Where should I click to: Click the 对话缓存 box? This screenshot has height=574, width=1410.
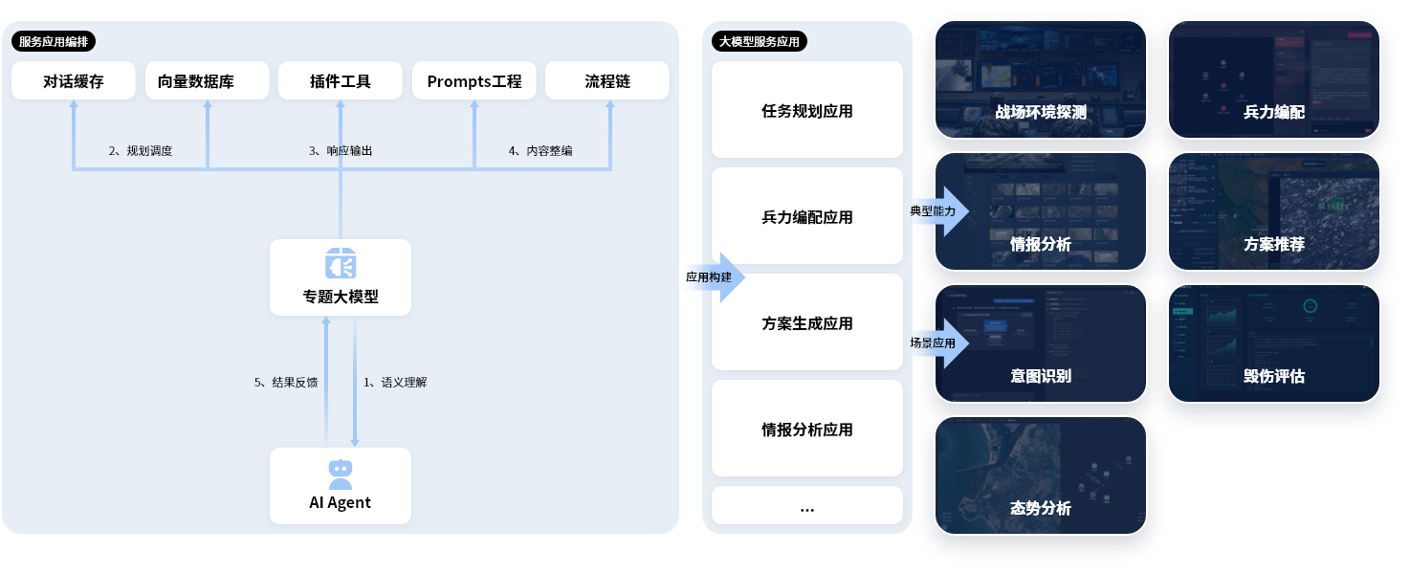tap(74, 81)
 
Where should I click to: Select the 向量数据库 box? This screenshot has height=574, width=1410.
tap(208, 81)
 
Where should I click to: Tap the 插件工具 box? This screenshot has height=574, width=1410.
tap(341, 81)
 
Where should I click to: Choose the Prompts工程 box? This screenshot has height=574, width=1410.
tap(474, 81)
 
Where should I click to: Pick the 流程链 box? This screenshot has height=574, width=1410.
tap(607, 81)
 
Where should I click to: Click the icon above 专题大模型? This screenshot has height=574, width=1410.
tap(341, 264)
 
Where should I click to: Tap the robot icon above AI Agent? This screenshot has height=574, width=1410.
tap(341, 474)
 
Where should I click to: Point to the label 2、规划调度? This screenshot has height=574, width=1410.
tap(141, 151)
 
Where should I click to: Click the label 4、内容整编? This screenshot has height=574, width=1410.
tap(540, 151)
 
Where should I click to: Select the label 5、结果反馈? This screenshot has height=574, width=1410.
tap(286, 383)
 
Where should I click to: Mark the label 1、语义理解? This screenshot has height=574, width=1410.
tap(395, 383)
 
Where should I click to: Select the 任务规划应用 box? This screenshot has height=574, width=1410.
tap(807, 111)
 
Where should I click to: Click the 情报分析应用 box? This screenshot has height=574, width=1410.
tap(807, 430)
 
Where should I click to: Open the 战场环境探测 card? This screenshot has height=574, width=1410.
tap(1041, 79)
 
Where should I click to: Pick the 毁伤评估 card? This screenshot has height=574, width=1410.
tap(1274, 343)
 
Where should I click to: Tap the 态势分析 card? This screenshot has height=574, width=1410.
tap(1041, 475)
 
